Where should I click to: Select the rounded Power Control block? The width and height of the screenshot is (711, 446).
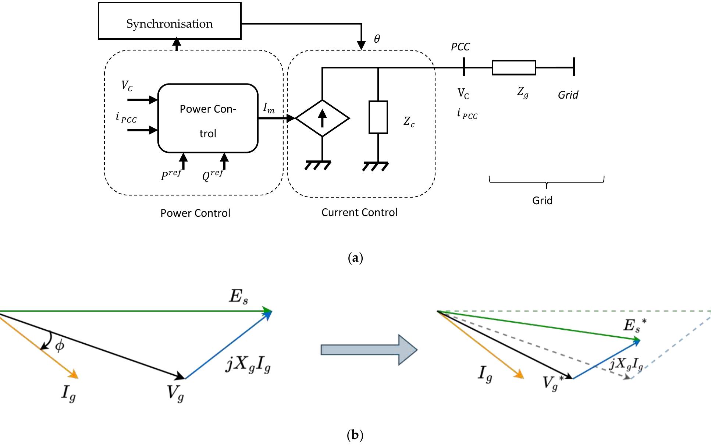click(208, 118)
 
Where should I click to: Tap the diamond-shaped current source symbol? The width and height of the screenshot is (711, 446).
click(322, 118)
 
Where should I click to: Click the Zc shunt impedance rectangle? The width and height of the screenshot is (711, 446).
click(378, 117)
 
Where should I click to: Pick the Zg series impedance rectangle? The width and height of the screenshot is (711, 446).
click(514, 68)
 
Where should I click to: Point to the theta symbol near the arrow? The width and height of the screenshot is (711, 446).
click(377, 39)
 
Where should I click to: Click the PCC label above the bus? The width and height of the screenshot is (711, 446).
click(460, 47)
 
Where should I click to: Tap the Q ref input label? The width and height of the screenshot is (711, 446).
click(213, 175)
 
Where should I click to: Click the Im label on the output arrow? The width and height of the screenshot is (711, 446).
click(269, 109)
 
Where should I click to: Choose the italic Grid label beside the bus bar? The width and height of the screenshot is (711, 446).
click(568, 95)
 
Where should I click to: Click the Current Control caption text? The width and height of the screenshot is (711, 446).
click(359, 212)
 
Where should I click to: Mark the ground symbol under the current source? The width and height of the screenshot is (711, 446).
click(318, 165)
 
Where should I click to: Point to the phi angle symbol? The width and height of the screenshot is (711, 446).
click(60, 346)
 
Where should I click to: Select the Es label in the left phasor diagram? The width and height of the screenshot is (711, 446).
click(238, 297)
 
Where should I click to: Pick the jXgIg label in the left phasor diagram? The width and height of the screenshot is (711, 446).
click(249, 365)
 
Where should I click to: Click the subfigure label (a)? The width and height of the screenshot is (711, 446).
click(355, 258)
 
